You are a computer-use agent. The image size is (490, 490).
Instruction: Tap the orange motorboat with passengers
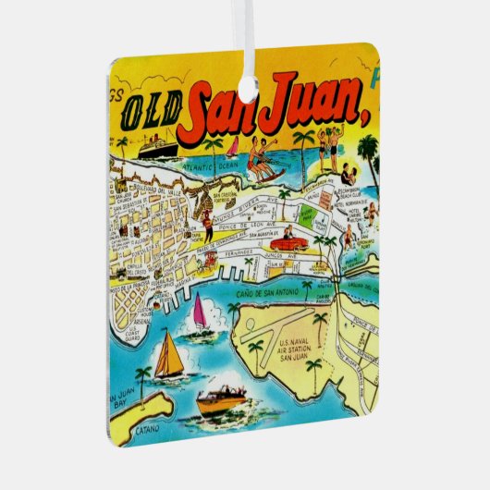tap(220, 398)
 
